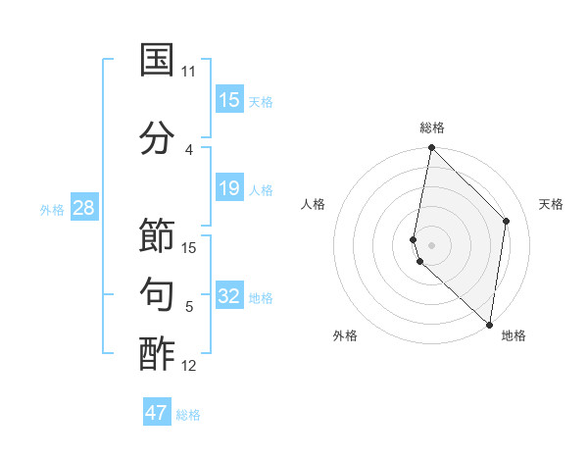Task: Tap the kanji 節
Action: coord(157,236)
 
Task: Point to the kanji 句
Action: coord(157,294)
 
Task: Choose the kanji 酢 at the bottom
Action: coord(157,354)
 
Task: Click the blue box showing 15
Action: coord(229,100)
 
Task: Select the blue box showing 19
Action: coord(229,188)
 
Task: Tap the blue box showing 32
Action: coord(229,297)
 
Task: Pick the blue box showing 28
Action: coord(83,208)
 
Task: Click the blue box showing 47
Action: coord(157,413)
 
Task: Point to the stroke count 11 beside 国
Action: coord(188,72)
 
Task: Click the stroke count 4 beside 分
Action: coord(188,149)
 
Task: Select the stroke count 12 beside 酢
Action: coord(189,367)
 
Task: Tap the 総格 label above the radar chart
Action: coord(431,128)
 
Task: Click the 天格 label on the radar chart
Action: coord(552,204)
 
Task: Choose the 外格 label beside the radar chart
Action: coord(345,335)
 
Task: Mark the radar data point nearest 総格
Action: coord(431,148)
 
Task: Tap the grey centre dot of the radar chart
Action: coord(431,244)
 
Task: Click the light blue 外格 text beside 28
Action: coord(51,209)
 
